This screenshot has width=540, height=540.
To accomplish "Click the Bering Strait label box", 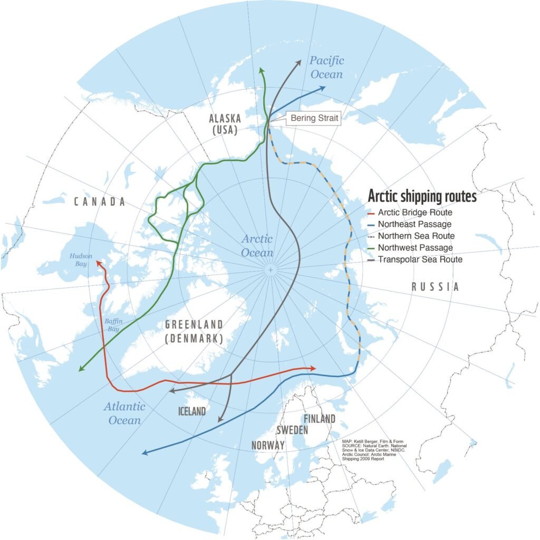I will coord(313,119).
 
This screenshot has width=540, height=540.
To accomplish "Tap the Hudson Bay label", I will coord(81,259).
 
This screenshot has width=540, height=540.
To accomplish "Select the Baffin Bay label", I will coord(112,325).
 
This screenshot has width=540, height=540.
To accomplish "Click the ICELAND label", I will coord(191,411).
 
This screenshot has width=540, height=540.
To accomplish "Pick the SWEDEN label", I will coord(292,430).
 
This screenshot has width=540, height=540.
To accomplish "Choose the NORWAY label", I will coord(268,445).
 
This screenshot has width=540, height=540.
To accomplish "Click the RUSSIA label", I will coord(435,287).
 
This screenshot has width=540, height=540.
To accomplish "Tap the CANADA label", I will coord(99,202).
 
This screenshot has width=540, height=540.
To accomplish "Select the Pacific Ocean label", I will coord(326,67).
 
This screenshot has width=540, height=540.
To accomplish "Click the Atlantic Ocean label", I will coord(125,413).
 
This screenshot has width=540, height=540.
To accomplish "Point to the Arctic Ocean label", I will coord(257,246).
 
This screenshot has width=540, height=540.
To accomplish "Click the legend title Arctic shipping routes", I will coord(422,196).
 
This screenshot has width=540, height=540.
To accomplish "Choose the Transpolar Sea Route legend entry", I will coord(420,259).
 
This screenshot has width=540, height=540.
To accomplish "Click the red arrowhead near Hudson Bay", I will coord(98,263).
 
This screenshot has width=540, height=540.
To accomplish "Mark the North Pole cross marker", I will coord(270,270).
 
